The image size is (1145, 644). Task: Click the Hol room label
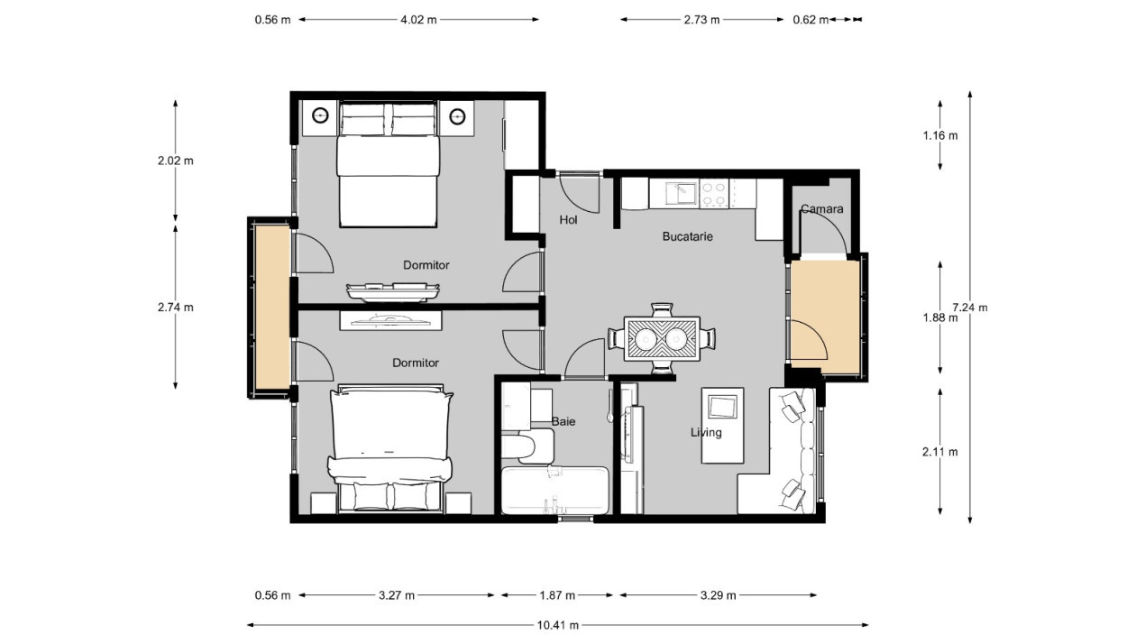click(568, 220)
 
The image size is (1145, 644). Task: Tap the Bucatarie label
click(687, 236)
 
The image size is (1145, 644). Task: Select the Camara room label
click(821, 208)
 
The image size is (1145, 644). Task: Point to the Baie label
click(563, 421)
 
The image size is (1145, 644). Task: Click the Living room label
click(706, 432)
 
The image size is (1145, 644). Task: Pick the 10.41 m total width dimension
click(558, 625)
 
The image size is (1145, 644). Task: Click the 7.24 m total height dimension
click(970, 308)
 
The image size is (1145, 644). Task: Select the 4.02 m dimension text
click(418, 20)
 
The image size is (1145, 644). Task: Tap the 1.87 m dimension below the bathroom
click(557, 595)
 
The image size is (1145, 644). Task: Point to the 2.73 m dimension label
click(701, 20)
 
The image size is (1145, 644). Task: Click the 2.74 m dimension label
click(175, 308)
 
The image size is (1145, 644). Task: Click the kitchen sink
click(681, 194)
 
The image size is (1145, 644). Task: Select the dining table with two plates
click(662, 339)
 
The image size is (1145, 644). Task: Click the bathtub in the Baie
click(555, 490)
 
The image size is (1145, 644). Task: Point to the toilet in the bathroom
click(527, 446)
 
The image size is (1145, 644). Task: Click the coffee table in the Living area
click(722, 426)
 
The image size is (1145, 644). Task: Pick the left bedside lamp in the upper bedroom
click(320, 116)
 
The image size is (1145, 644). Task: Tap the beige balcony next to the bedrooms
click(273, 307)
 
